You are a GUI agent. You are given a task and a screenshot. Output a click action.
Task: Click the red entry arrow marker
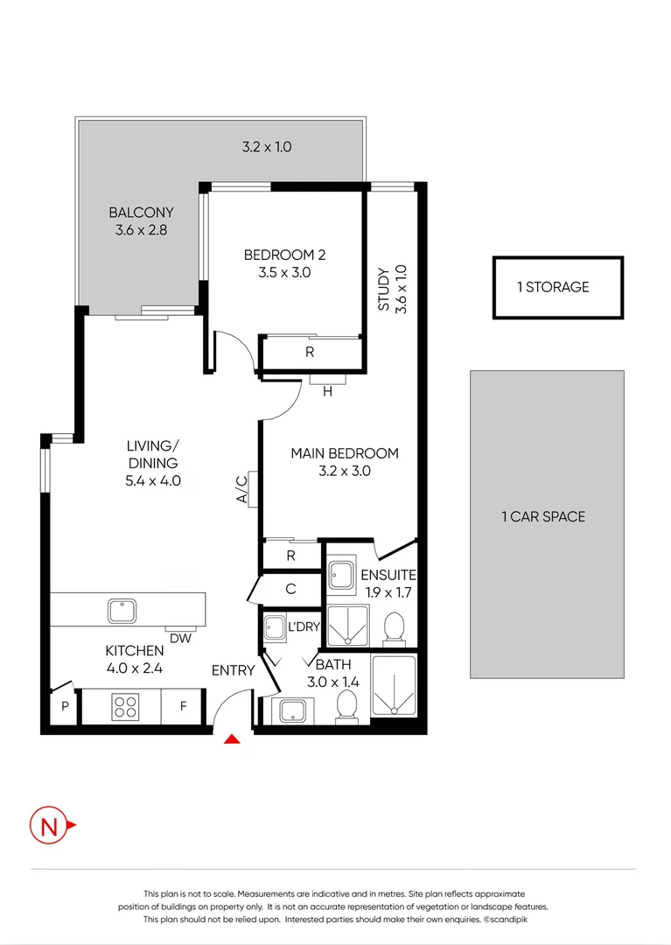point(232,740)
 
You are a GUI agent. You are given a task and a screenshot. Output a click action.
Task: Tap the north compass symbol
point(49,825)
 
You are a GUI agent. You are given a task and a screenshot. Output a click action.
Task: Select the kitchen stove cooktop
point(125,706)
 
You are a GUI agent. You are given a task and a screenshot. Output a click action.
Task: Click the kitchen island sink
point(120,610)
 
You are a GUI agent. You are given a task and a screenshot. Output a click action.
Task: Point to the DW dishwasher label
point(180,639)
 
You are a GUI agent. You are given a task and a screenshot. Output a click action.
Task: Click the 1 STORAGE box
point(557,287)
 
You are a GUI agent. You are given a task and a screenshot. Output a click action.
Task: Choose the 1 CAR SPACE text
point(543,516)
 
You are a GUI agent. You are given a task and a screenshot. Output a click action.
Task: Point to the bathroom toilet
point(346,705)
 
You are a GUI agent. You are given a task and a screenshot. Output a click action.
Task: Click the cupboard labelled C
point(290,589)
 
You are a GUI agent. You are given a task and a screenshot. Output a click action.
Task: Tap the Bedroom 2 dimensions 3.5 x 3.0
point(284,272)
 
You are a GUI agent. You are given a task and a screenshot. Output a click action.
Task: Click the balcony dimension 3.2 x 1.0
point(267,147)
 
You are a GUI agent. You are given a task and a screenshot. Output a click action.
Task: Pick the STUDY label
point(382,289)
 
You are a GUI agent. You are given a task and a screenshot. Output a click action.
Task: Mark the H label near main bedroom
point(327,392)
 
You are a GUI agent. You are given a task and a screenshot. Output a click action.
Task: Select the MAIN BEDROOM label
point(344,453)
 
